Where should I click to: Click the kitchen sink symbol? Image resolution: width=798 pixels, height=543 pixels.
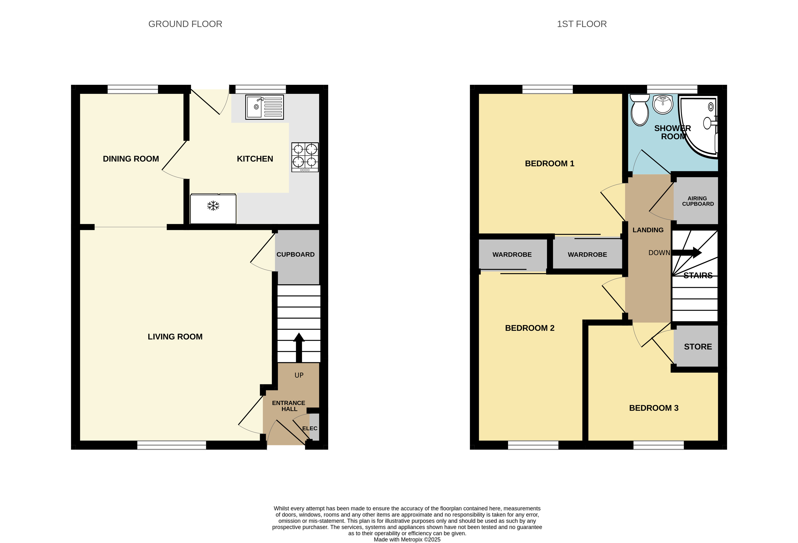tap(264, 107)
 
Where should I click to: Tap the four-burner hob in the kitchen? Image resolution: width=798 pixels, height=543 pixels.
tap(305, 157)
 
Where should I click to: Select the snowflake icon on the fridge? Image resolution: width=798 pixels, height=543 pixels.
tap(213, 206)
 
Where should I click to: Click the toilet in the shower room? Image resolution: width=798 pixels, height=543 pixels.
tap(640, 110)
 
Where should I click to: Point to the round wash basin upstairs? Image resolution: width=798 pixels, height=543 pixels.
tap(663, 104)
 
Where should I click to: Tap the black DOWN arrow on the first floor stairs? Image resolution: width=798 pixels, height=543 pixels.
tap(687, 253)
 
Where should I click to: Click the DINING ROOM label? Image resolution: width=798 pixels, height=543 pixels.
tap(131, 159)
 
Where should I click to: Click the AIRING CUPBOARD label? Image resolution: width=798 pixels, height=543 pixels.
tap(698, 201)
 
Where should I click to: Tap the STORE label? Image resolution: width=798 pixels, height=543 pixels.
tap(698, 347)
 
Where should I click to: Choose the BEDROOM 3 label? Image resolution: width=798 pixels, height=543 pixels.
tap(654, 408)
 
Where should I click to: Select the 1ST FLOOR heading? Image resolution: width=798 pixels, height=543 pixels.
tap(582, 24)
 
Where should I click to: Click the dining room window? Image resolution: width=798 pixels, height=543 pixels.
tap(133, 89)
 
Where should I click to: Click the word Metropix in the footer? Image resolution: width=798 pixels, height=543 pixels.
tap(412, 540)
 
